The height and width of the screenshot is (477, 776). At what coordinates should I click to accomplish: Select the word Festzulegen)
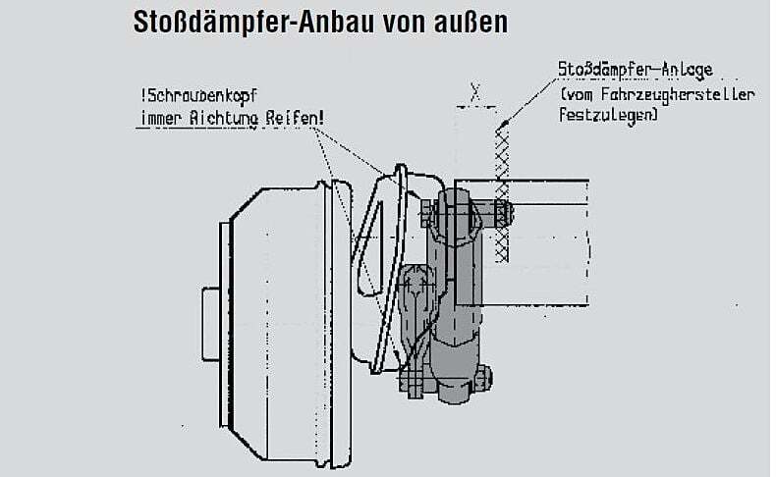tap(608, 114)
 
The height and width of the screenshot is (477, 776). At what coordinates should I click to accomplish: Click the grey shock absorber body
tap(453, 294)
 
